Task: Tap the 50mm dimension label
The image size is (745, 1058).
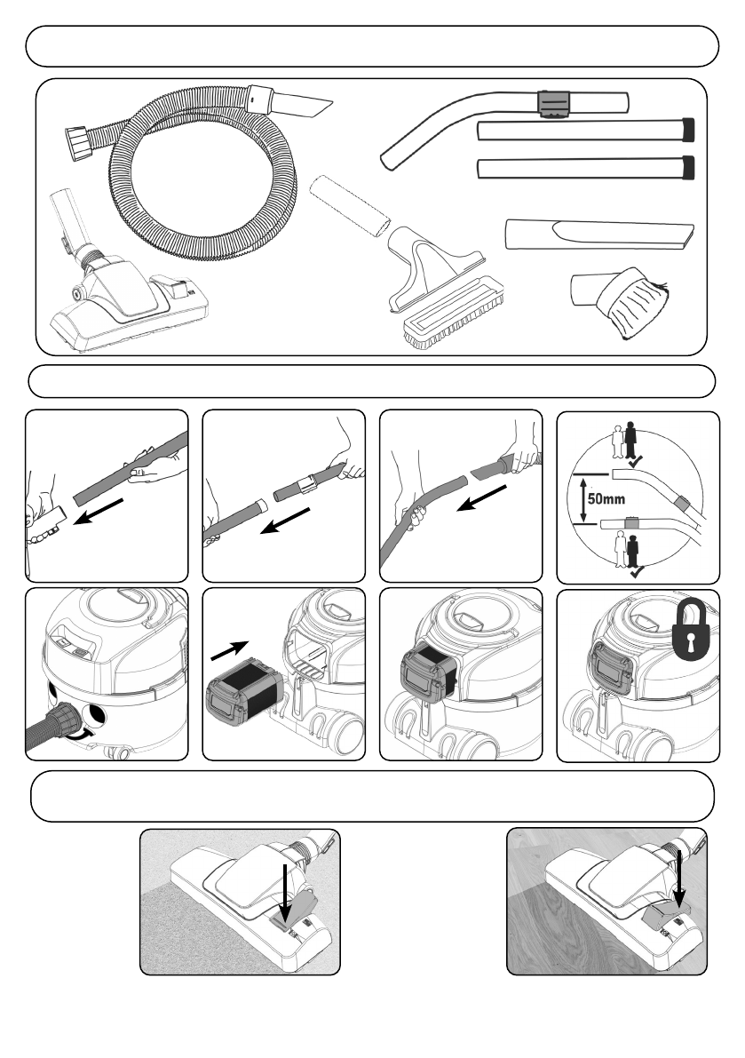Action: coord(606,499)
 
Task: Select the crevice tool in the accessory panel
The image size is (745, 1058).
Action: coord(599,235)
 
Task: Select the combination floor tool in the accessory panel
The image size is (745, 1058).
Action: coord(128,283)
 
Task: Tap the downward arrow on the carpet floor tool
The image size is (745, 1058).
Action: coord(286,891)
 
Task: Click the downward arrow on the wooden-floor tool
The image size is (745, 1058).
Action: coord(678,878)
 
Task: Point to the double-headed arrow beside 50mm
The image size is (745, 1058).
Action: coord(580,499)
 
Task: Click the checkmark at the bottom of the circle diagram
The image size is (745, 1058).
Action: coord(637,571)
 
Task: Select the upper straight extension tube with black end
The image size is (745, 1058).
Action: coord(585,131)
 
